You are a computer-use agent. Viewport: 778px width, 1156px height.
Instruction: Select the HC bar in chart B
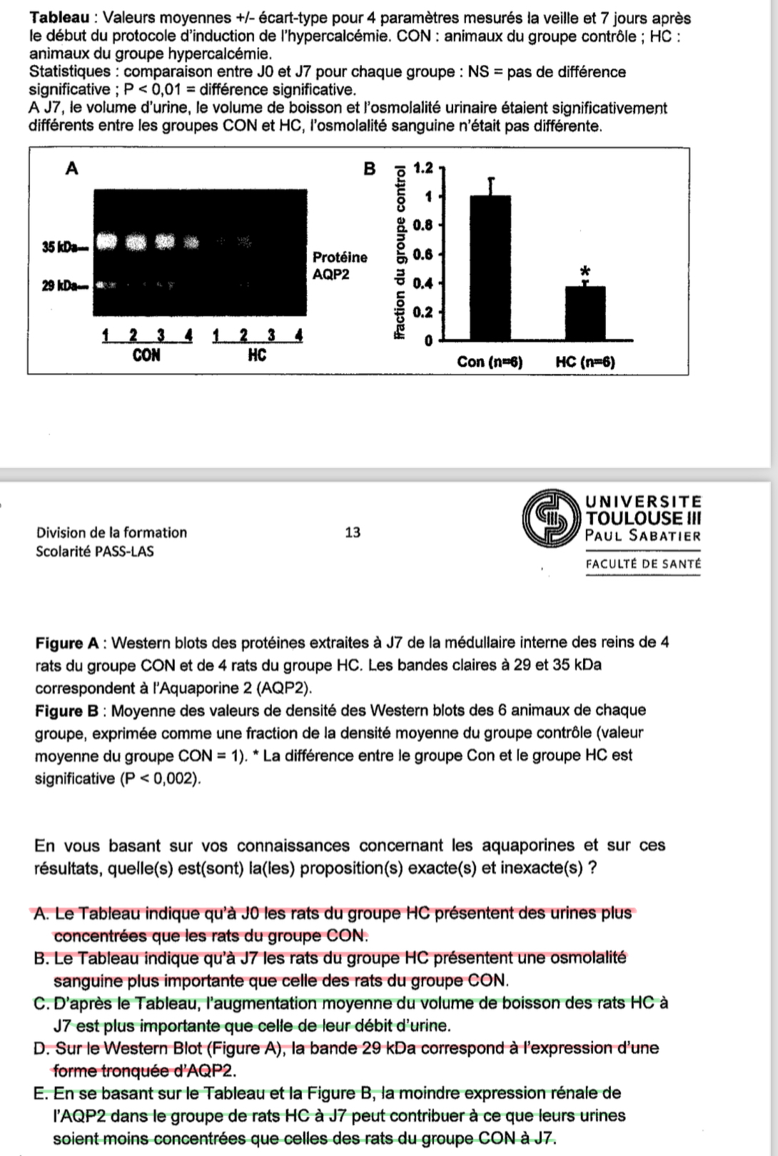(x=585, y=313)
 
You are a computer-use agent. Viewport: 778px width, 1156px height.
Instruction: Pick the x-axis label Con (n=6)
(x=490, y=362)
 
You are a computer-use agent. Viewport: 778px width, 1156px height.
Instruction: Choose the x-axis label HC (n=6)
(x=585, y=362)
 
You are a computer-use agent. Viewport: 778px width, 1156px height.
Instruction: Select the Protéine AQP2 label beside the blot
(x=340, y=265)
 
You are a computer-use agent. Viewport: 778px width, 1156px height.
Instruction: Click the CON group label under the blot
(x=146, y=355)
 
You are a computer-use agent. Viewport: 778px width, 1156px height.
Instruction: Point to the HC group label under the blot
(x=257, y=355)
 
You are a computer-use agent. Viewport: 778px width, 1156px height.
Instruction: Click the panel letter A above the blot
(x=71, y=168)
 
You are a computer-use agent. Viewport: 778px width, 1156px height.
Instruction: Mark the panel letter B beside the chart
(x=369, y=168)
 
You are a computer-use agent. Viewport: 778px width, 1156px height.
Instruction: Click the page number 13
(x=353, y=532)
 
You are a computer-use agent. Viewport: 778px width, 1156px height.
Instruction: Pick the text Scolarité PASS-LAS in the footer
(x=94, y=552)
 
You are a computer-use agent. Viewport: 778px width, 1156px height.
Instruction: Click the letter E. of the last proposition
(x=41, y=1094)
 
